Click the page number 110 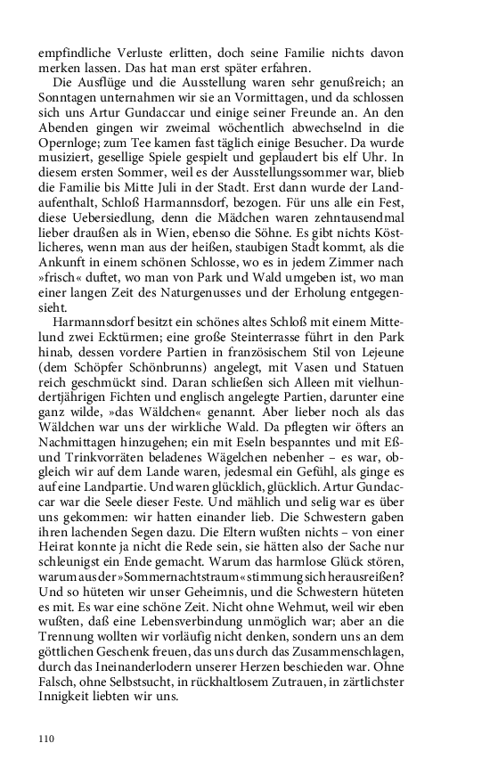(x=46, y=739)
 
